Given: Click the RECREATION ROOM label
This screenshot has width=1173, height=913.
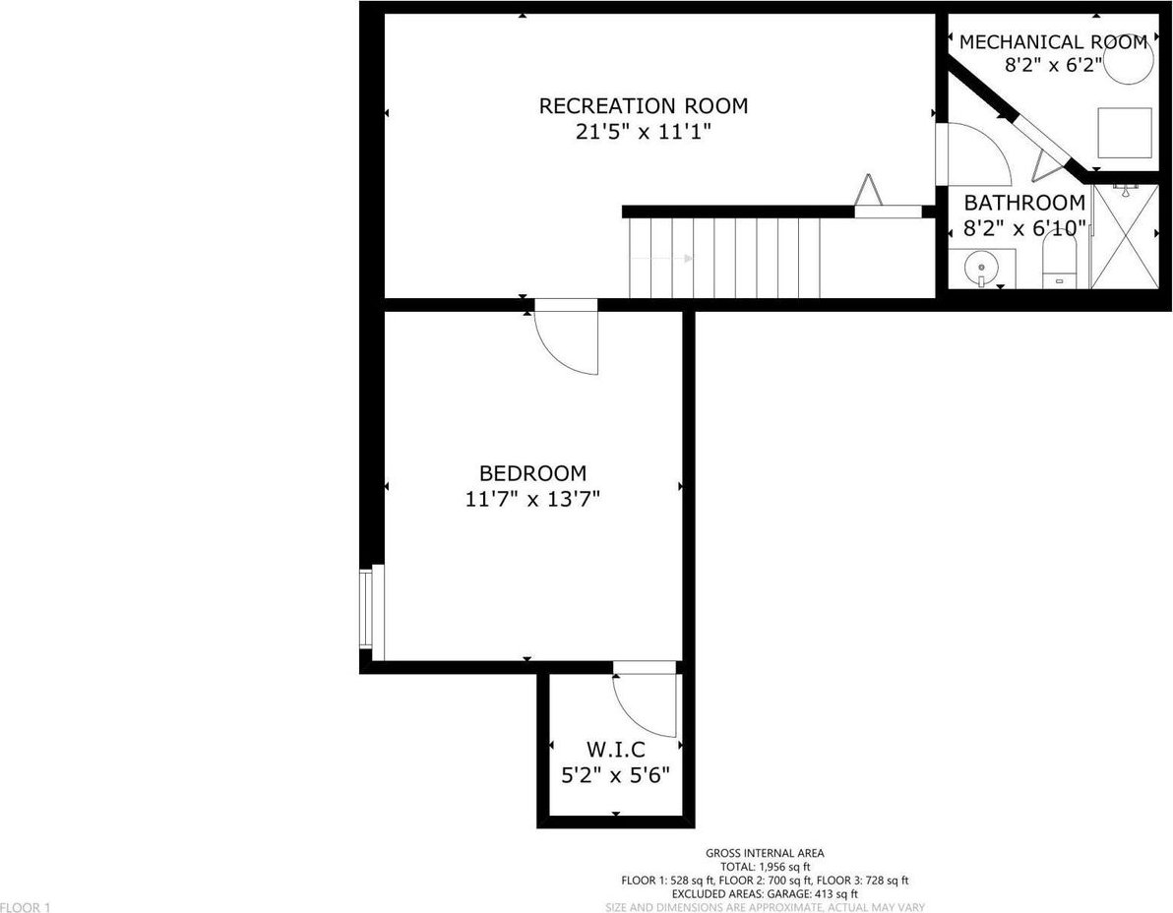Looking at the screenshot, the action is pyautogui.click(x=644, y=106).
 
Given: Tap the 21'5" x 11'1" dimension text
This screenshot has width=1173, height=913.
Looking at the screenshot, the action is pyautogui.click(x=643, y=133).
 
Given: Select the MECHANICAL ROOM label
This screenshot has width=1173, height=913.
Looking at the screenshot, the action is pyautogui.click(x=1053, y=42).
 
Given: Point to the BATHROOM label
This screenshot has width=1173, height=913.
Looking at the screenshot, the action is pyautogui.click(x=1024, y=203).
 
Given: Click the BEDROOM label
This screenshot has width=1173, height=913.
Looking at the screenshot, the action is pyautogui.click(x=532, y=473).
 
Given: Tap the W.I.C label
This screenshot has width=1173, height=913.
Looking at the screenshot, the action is pyautogui.click(x=616, y=749).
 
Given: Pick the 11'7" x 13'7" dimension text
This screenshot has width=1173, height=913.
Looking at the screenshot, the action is pyautogui.click(x=532, y=499).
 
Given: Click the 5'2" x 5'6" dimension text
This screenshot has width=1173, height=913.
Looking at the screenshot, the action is pyautogui.click(x=616, y=774).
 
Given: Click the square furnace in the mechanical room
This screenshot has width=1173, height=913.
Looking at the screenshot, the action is pyautogui.click(x=1125, y=133).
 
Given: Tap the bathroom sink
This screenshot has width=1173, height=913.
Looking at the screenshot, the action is pyautogui.click(x=981, y=268).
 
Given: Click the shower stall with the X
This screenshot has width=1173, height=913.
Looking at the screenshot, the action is pyautogui.click(x=1126, y=235).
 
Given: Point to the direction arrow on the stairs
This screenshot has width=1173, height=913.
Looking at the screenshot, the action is pyautogui.click(x=661, y=259).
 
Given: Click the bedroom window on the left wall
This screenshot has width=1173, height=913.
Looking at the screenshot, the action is pyautogui.click(x=372, y=612).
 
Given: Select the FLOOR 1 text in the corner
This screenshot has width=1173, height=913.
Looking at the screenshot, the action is pyautogui.click(x=26, y=907).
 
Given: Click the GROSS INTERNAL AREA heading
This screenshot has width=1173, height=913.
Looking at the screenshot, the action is pyautogui.click(x=765, y=853).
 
